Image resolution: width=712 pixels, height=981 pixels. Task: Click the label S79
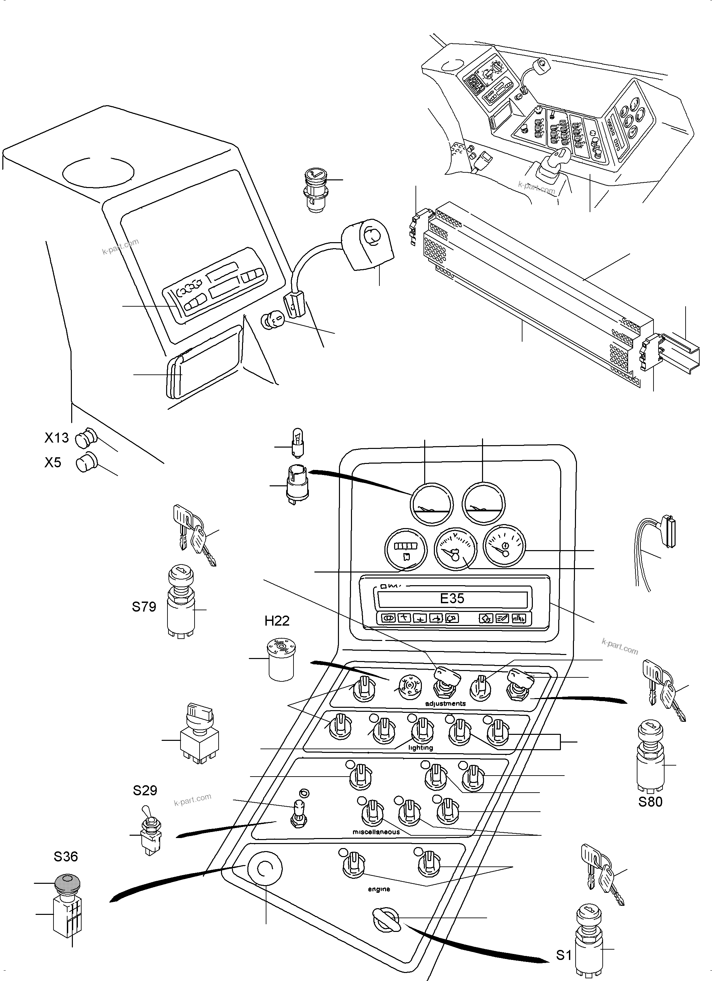[x=144, y=607]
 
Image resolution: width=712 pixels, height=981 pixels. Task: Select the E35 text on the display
[x=452, y=599]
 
